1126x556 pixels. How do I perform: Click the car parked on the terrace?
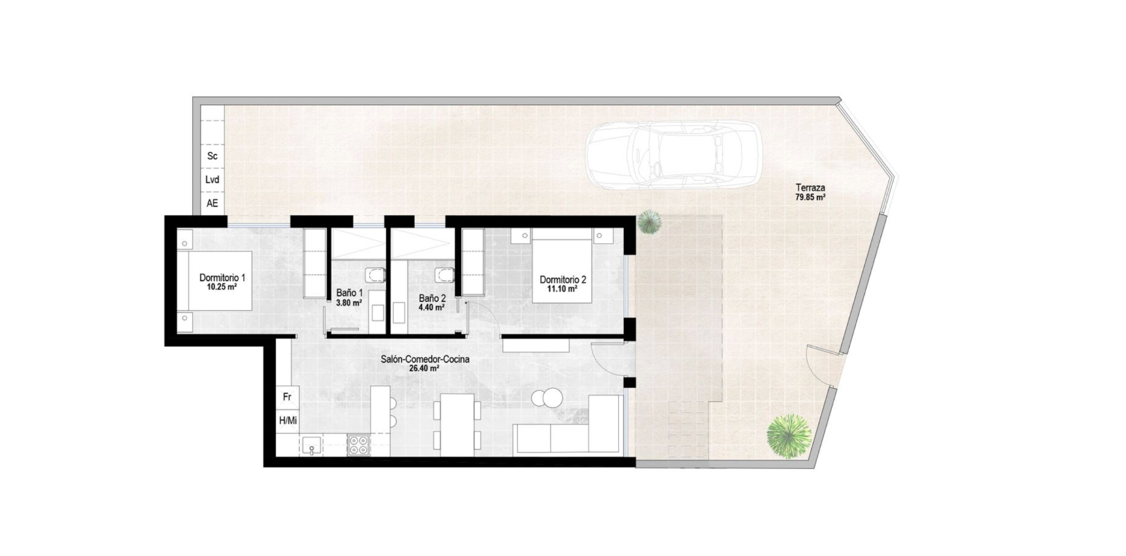(673, 155)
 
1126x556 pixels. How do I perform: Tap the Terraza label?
(810, 188)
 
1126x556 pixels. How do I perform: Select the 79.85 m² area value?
(810, 198)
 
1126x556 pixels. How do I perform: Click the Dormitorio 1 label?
(222, 278)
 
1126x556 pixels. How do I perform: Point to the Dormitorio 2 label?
(562, 279)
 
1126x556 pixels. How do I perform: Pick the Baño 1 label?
(349, 293)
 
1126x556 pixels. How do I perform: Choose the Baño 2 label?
(432, 298)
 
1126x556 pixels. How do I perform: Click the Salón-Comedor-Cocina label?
(425, 359)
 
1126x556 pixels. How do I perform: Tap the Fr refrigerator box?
(287, 397)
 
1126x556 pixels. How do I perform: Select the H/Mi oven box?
(288, 420)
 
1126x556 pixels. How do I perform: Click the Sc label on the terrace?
(212, 156)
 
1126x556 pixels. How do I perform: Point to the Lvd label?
(212, 180)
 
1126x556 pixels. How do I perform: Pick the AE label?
(212, 203)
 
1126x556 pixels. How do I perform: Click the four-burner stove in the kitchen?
(358, 445)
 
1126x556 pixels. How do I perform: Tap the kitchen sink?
(311, 446)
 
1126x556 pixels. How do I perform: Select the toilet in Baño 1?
(376, 275)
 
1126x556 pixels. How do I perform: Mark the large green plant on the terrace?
(789, 437)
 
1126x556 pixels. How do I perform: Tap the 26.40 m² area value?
(425, 369)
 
